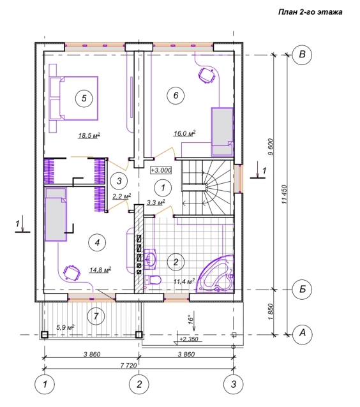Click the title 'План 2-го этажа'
point(310,12)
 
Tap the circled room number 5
point(84,98)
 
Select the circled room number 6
point(176,95)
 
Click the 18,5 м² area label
point(89,135)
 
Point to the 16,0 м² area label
point(184,133)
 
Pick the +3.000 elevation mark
point(161,170)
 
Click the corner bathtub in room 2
point(216,274)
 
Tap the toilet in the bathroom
point(153,280)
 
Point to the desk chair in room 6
point(207,75)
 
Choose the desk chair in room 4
point(71,272)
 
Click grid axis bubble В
point(302,54)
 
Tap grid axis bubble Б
point(302,289)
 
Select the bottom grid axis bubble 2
point(139,384)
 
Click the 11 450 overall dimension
point(285,194)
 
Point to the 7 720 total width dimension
point(128,365)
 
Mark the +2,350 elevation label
point(189,339)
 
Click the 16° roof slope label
point(191,319)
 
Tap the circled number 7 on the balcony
point(96,316)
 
